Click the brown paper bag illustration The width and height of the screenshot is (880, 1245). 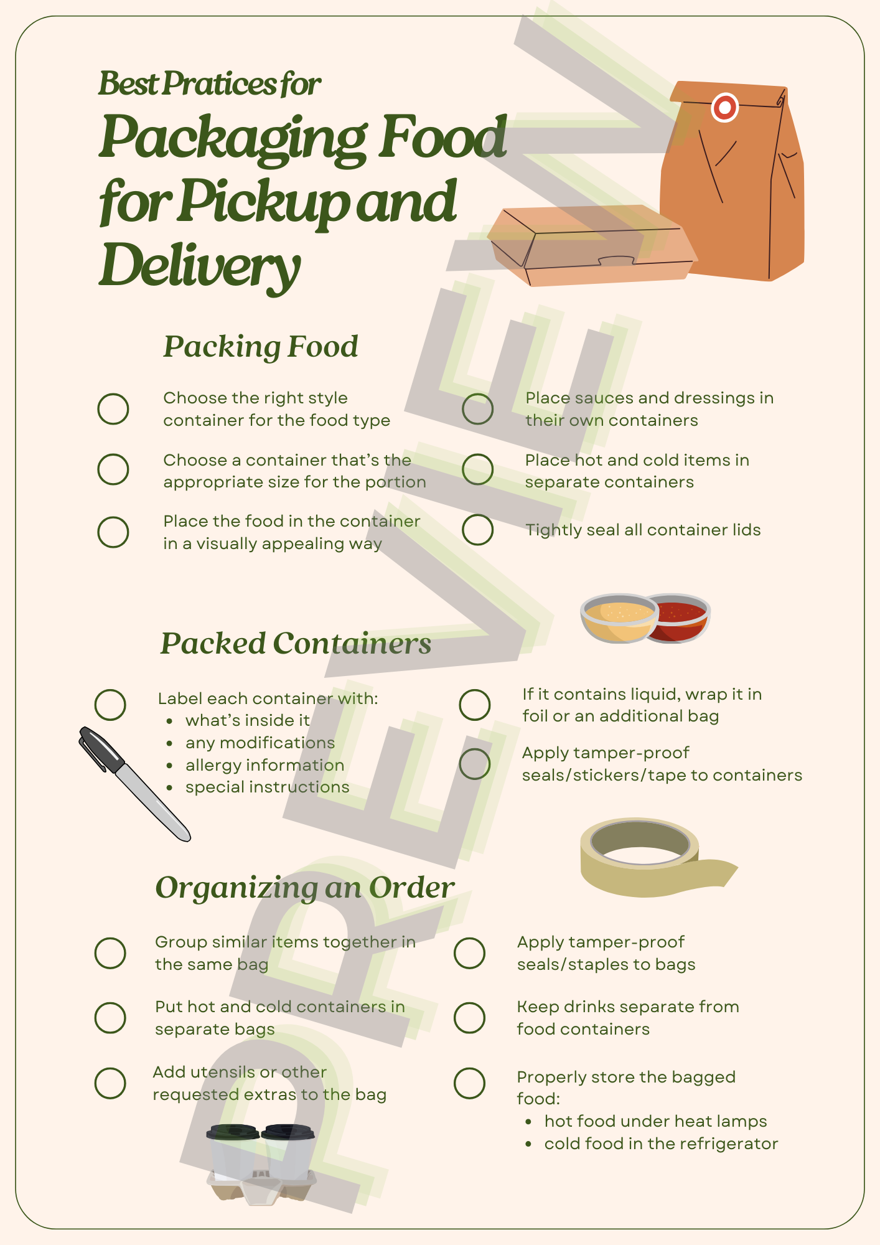[x=734, y=187]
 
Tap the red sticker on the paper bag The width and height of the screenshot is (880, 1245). [x=724, y=108]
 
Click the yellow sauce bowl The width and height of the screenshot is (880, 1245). [x=617, y=618]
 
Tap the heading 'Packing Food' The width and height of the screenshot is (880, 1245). [x=260, y=347]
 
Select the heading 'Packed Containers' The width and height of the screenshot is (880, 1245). [x=296, y=644]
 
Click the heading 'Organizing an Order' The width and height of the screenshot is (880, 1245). [x=305, y=888]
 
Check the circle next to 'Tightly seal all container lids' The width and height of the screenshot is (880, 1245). [x=478, y=530]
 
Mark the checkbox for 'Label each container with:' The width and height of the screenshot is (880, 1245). [x=111, y=705]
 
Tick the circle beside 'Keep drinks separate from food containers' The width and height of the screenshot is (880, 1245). [x=469, y=1018]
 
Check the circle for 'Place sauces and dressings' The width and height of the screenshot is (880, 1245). [x=478, y=409]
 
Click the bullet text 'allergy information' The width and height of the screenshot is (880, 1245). [x=264, y=765]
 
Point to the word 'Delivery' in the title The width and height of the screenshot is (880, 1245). [x=199, y=265]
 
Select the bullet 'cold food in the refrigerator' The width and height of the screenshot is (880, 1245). [x=661, y=1144]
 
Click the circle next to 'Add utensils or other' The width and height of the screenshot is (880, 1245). [x=110, y=1083]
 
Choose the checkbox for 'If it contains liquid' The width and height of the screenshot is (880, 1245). [x=475, y=705]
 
